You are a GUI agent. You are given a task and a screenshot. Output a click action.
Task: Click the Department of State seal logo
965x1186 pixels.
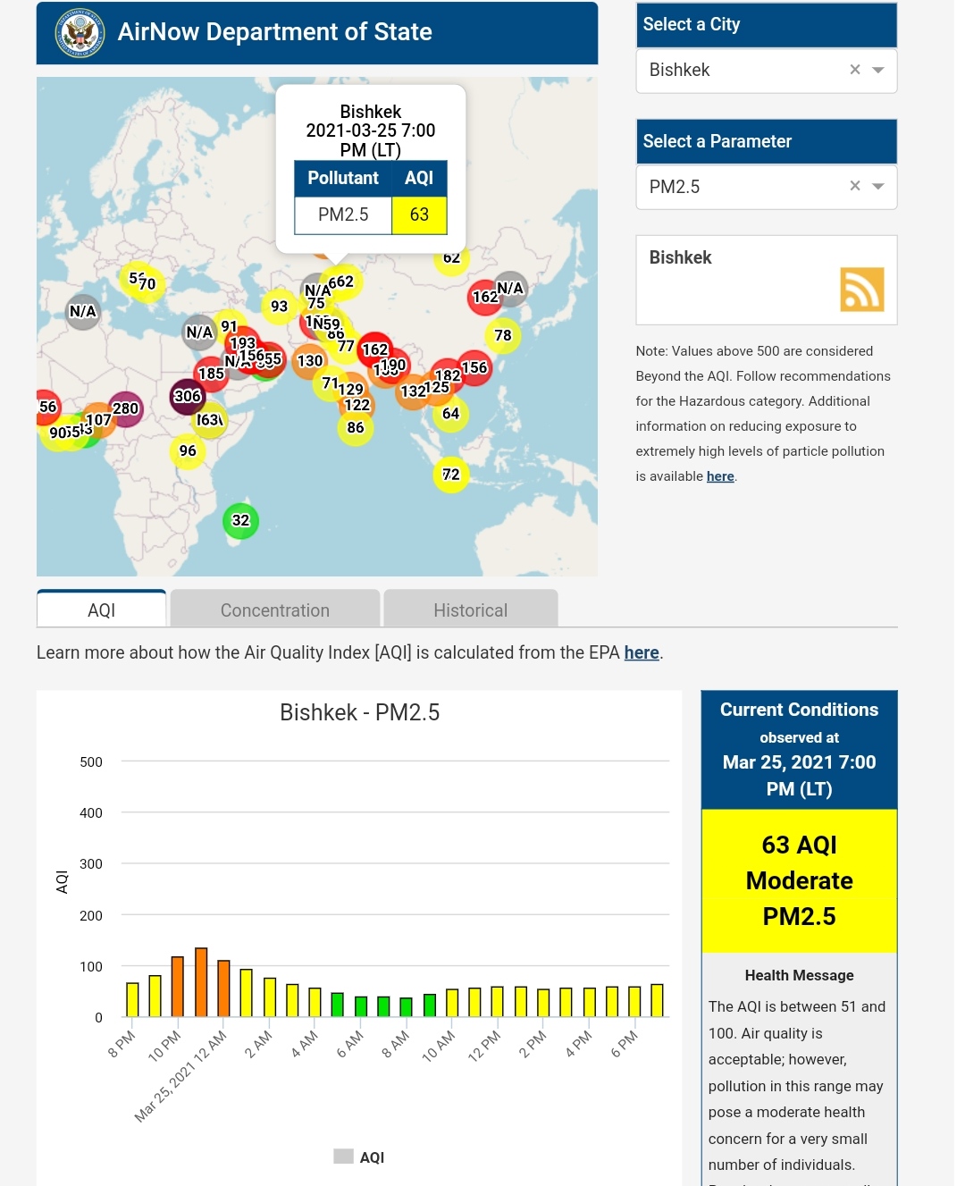(80, 34)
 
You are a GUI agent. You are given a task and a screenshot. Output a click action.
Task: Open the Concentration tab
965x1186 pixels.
(275, 610)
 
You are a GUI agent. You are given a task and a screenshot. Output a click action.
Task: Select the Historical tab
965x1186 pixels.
(471, 610)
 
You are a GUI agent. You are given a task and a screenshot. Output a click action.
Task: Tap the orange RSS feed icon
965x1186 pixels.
(861, 290)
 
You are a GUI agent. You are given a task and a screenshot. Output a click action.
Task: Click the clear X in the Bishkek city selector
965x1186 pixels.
(855, 70)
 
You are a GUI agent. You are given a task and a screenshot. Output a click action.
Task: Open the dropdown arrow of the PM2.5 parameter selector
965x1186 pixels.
(878, 187)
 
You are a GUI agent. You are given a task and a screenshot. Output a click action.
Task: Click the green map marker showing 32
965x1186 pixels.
(240, 520)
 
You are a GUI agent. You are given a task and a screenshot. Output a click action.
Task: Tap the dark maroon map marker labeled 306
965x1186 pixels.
(187, 396)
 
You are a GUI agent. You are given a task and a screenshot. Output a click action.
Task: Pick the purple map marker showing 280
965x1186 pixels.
(126, 408)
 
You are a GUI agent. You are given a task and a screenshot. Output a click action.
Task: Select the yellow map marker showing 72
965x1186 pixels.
(451, 475)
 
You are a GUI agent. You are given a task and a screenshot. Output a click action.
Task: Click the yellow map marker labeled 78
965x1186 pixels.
(503, 335)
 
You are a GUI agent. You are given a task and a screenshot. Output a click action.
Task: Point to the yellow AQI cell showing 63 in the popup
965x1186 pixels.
(419, 215)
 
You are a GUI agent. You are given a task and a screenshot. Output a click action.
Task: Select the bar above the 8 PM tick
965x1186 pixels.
(132, 999)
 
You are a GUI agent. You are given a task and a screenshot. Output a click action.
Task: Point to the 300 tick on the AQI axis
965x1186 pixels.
(91, 864)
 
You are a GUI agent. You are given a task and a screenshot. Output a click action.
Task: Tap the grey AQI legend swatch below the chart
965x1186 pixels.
(343, 1157)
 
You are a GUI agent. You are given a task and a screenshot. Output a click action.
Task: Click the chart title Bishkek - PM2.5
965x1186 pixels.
(359, 712)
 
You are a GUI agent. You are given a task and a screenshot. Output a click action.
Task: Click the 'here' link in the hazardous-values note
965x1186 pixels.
(720, 476)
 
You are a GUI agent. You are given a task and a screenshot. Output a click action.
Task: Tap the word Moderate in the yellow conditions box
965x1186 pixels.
(799, 881)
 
